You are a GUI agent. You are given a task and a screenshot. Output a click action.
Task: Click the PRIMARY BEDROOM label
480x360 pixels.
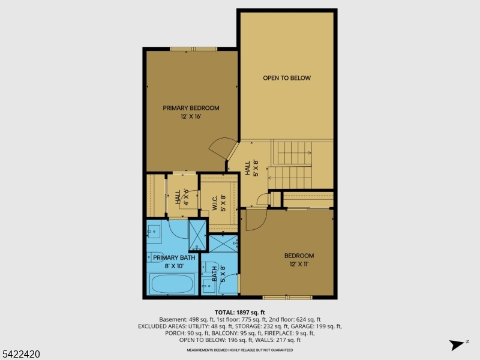[191, 108]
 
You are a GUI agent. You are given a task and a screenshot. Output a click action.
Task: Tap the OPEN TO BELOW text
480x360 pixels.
[287, 78]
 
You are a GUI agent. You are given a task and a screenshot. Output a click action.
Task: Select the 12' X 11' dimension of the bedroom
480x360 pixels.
[299, 263]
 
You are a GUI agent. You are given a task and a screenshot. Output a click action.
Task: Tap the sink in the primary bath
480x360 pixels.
[154, 230]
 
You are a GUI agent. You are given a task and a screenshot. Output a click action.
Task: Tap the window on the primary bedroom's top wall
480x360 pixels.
[193, 49]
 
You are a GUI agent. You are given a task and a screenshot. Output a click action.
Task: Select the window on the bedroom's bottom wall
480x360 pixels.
[283, 297]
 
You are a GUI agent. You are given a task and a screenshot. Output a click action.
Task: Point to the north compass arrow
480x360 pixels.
[459, 344]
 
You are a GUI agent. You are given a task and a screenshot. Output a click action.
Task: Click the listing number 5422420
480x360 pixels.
[22, 355]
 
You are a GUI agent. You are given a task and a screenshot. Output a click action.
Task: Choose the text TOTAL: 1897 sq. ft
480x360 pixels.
[240, 312]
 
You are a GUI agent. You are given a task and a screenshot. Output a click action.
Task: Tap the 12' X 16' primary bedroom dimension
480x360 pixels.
[191, 117]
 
